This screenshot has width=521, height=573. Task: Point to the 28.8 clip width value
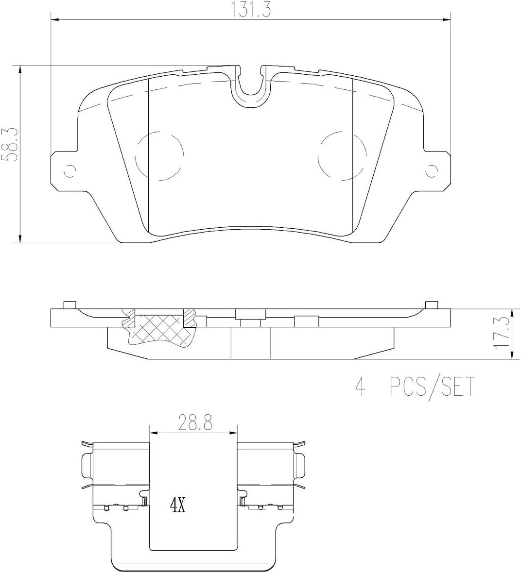tap(194, 422)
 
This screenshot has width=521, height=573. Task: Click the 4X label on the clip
tap(178, 506)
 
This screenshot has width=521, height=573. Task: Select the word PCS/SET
tap(431, 388)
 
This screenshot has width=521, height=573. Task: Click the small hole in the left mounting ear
tap(71, 170)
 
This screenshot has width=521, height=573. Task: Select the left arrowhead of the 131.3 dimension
tap(55, 20)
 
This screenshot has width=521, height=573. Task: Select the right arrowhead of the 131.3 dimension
tap(447, 20)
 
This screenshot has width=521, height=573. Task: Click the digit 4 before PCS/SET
tap(360, 388)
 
